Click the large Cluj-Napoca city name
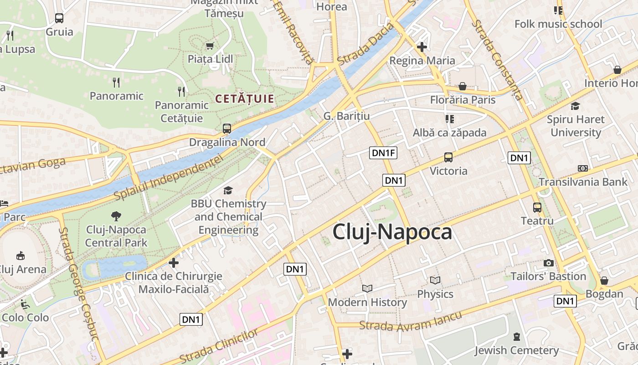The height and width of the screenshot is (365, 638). pos(392,232)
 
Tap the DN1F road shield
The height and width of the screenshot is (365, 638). pos(383,153)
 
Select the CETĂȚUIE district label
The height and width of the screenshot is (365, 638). pos(244,99)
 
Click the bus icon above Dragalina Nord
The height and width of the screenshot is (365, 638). pos(227,129)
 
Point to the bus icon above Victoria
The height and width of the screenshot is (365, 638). pos(448,157)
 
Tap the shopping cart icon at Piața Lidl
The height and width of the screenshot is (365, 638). pos(210,46)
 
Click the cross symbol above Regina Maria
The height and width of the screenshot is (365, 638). pos(422,47)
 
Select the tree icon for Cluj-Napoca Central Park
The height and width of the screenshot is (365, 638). pos(116,216)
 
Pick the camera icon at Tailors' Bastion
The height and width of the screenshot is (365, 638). pos(549,263)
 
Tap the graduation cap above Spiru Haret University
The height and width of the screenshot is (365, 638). pos(576,106)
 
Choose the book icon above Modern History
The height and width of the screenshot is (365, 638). pos(367,288)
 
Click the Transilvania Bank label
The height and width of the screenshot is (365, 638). pos(583,182)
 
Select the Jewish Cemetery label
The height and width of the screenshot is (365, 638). pos(516,350)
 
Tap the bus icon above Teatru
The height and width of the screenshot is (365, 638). pos(537,208)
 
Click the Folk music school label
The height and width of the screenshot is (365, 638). pos(558,24)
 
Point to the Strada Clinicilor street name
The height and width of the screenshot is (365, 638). pos(219,346)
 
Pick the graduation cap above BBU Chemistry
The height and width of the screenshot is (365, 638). pos(228,190)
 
